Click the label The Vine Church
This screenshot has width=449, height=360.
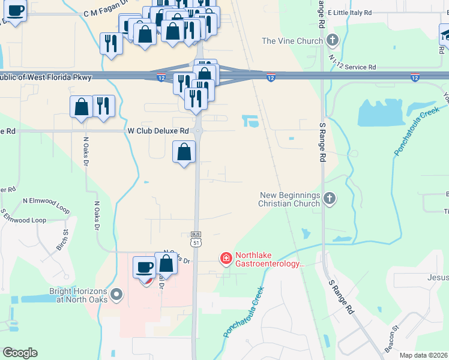click(x=293, y=41)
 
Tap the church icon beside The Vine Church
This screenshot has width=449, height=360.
click(x=333, y=41)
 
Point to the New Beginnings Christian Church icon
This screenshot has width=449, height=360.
click(x=329, y=199)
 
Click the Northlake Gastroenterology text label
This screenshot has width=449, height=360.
click(x=270, y=259)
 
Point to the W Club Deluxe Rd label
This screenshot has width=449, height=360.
click(x=158, y=130)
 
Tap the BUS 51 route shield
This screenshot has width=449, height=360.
click(x=196, y=238)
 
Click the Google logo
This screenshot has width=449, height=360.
click(x=20, y=353)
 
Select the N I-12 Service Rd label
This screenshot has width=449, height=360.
click(x=355, y=67)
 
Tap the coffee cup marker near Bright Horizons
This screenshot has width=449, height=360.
click(x=144, y=268)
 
